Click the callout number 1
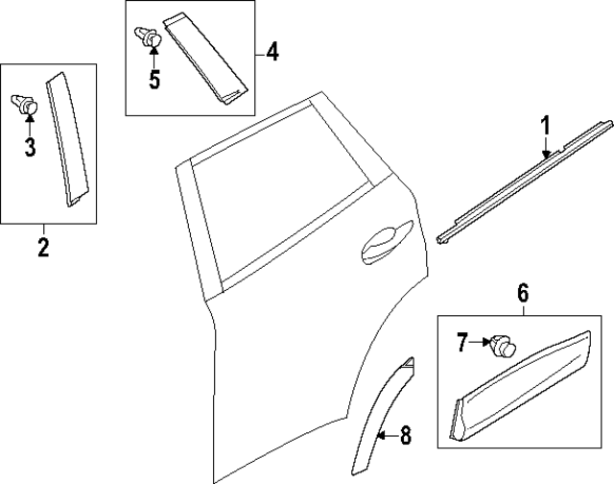point(545,125)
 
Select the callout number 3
point(30,147)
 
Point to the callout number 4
point(272,51)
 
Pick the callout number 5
point(153,78)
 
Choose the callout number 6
point(523,294)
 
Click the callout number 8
point(405,437)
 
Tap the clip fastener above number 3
point(25,104)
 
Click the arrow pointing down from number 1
point(545,146)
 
